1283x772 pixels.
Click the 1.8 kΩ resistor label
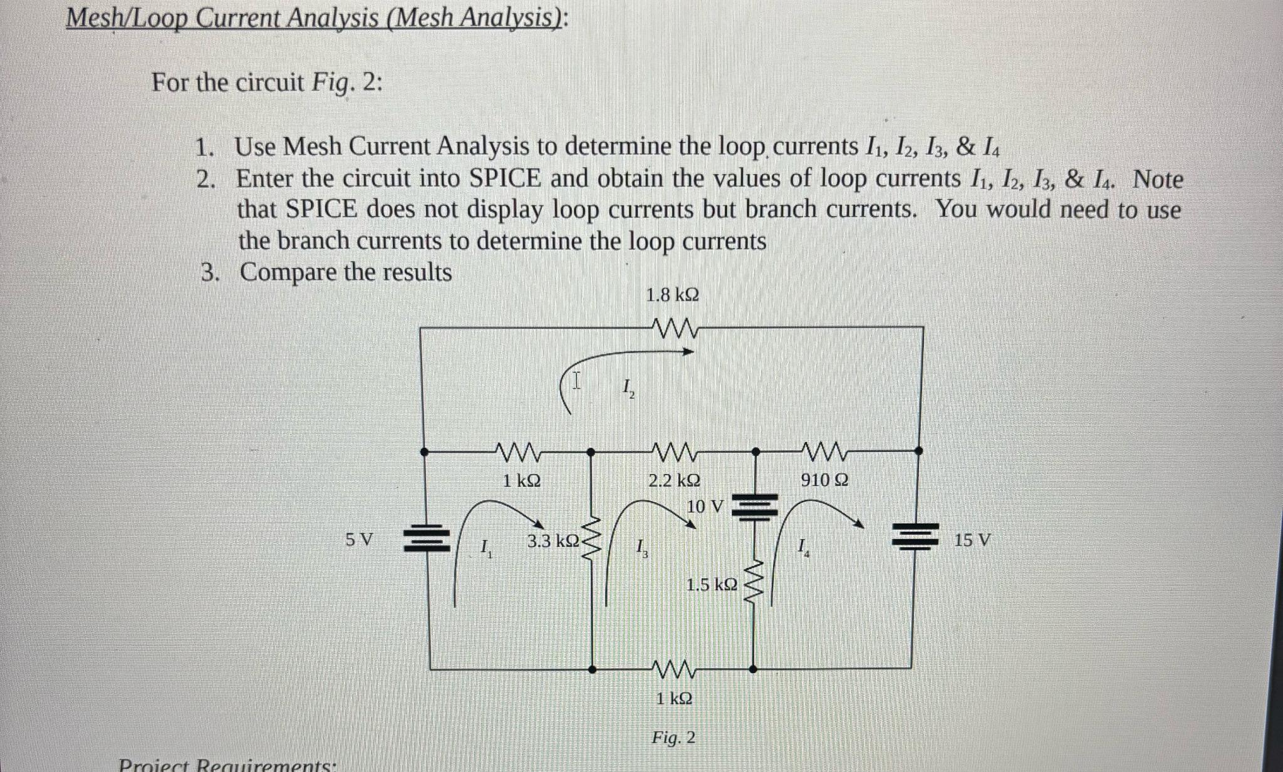(x=672, y=294)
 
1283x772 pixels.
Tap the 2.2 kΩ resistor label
(x=674, y=481)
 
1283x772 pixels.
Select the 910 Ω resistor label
(x=825, y=480)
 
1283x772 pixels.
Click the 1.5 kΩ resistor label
(x=712, y=585)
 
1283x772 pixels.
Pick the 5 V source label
(x=359, y=539)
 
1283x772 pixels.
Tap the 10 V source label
(x=705, y=506)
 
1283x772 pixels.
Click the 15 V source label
(x=972, y=540)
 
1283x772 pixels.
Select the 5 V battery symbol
(x=427, y=538)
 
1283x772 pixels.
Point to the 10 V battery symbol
(x=756, y=507)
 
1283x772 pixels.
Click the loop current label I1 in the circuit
(x=486, y=549)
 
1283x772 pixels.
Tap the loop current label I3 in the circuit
(x=642, y=549)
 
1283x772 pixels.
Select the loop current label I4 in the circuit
(x=804, y=548)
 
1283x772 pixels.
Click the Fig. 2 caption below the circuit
(x=673, y=738)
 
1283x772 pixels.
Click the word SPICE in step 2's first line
(x=504, y=178)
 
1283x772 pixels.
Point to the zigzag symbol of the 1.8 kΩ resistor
(x=673, y=327)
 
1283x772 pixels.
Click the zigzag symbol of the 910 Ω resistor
(x=825, y=450)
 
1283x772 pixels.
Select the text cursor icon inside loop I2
(x=576, y=380)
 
